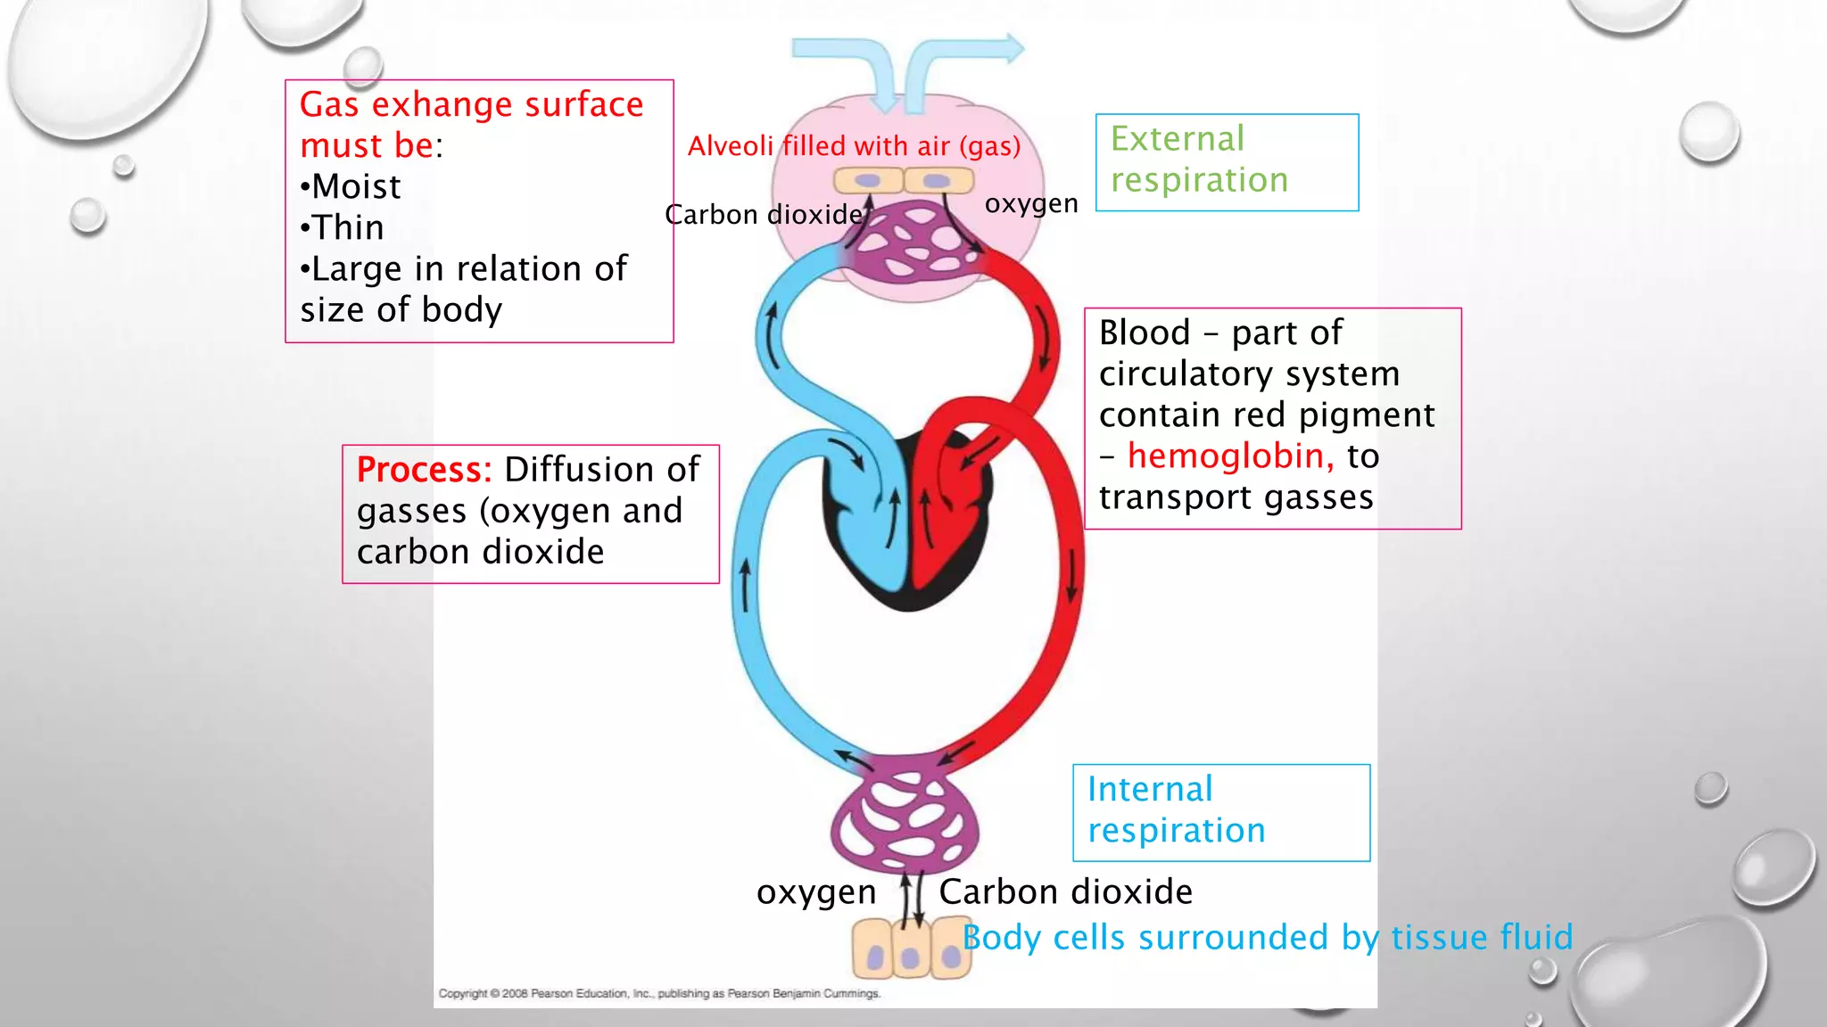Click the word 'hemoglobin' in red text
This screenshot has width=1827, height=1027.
pos(1230,456)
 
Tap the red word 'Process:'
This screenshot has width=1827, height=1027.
pos(424,470)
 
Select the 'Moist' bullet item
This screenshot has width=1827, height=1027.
pos(354,186)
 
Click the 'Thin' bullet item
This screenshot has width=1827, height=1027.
pos(346,227)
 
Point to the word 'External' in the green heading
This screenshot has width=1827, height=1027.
pos(1177,139)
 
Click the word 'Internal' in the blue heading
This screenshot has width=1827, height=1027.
pos(1150,790)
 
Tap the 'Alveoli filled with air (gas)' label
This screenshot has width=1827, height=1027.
pos(854,146)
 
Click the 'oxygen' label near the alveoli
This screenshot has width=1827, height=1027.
pos(1031,204)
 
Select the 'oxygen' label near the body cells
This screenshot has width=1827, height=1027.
pos(816,892)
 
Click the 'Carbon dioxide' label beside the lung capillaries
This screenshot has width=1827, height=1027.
pos(765,215)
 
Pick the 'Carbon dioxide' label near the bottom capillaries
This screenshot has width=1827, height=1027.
pos(1065,892)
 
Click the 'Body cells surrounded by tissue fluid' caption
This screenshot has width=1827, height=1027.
pos(1267,938)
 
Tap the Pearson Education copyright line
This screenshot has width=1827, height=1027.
pos(659,993)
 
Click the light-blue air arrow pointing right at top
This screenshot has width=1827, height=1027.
pos(972,53)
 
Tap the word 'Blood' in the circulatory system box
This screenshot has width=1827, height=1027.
pos(1145,333)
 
